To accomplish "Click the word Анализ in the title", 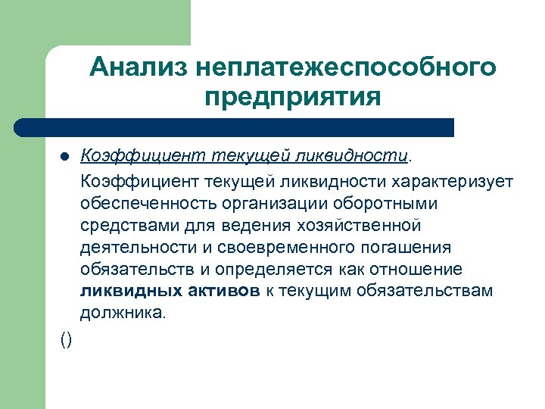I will pyautogui.click(x=139, y=67).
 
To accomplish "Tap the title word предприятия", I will pyautogui.click(x=292, y=98).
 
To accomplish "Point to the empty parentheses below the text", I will pyautogui.click(x=66, y=340).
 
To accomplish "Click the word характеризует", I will pyautogui.click(x=452, y=182).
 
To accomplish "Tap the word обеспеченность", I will pyautogui.click(x=141, y=204).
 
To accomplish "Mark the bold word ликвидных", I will pyautogui.click(x=128, y=292).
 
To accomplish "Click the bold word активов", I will pyautogui.click(x=220, y=292).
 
